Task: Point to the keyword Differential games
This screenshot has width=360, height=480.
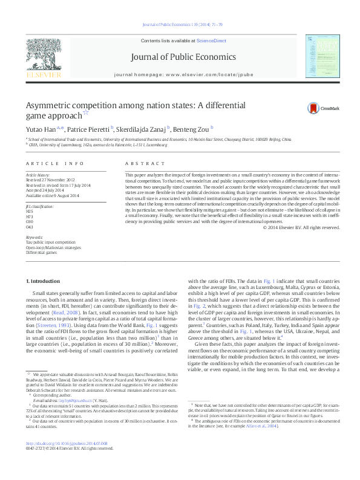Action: coord(41,252)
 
